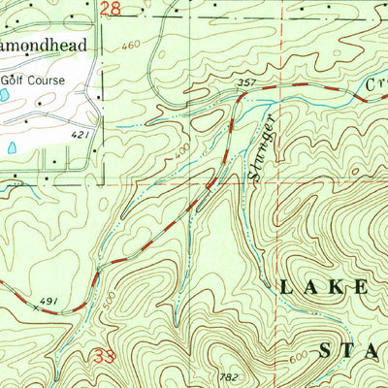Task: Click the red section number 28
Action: coord(112,9)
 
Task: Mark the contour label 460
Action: coord(132,46)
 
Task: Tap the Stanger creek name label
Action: coord(261,145)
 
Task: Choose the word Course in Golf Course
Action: coord(63,80)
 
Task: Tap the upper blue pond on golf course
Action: coord(6,97)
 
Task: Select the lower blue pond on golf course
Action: coord(12,147)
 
